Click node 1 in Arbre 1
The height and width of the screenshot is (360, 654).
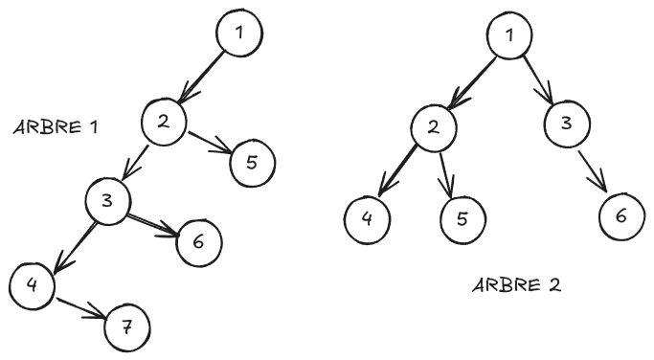click(x=238, y=33)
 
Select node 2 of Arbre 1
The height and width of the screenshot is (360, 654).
click(x=164, y=121)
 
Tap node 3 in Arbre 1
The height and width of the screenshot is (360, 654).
click(x=106, y=200)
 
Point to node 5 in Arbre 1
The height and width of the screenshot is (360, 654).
click(x=252, y=160)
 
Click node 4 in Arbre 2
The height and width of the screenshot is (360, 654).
click(x=368, y=217)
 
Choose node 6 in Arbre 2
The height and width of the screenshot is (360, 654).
click(x=621, y=216)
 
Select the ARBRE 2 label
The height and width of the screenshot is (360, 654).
click(x=515, y=284)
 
